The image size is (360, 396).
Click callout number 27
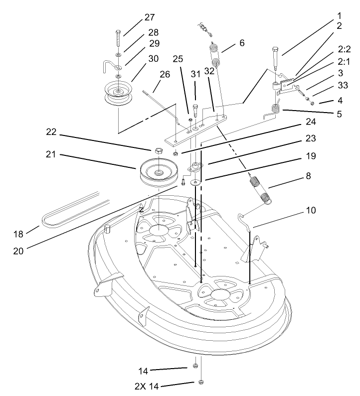click(x=150, y=17)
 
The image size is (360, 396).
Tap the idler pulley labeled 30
click(x=118, y=94)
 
